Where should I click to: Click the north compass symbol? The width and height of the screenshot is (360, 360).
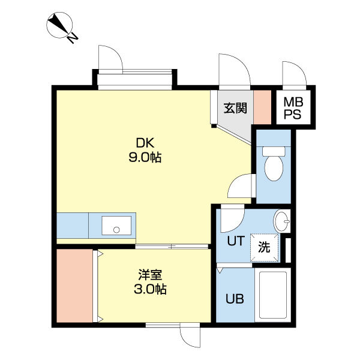click(59, 25)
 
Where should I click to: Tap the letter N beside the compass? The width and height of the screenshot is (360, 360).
click(73, 38)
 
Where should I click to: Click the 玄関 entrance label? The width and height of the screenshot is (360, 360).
click(235, 108)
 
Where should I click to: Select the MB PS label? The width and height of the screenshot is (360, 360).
click(293, 108)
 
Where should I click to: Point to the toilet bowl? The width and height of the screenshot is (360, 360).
click(274, 164)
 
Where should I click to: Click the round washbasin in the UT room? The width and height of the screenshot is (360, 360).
click(282, 221)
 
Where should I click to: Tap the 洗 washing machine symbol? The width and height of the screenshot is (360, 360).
click(264, 247)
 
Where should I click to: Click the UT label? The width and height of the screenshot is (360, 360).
click(236, 241)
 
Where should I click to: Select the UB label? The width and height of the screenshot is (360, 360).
click(235, 299)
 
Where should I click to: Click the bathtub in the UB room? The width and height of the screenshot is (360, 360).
click(273, 295)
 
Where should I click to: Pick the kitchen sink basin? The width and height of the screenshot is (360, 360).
click(116, 226)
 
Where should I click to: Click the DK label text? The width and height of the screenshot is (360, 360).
click(145, 143)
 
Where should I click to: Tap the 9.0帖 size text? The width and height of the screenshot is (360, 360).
click(145, 157)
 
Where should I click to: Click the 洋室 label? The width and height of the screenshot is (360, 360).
click(150, 275)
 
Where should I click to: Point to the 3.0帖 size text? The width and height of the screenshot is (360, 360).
click(150, 289)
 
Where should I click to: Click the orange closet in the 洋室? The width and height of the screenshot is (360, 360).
click(74, 286)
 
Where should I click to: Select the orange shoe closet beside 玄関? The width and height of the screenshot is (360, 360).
click(262, 107)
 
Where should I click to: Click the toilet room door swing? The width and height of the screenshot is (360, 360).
click(242, 186)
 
